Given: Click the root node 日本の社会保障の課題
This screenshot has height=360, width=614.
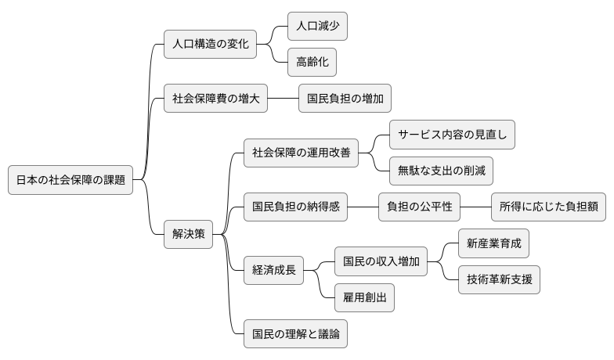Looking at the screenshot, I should tap(70, 179).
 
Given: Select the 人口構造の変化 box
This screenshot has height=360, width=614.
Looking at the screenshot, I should tap(211, 44).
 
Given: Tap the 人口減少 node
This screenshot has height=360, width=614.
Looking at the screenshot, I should tap(317, 27).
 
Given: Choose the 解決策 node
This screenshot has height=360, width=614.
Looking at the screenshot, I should tap(188, 234).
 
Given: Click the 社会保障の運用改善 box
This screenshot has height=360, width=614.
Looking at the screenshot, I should tap(301, 153).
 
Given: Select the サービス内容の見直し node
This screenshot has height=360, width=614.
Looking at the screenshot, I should tap(452, 135).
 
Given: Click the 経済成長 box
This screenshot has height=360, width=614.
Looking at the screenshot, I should tap(273, 270).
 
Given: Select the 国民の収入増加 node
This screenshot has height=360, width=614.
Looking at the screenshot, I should tap(381, 261).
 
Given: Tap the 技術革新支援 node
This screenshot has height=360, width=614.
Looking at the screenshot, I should tap(499, 279).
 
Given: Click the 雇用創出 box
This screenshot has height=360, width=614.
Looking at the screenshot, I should tap(364, 297).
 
